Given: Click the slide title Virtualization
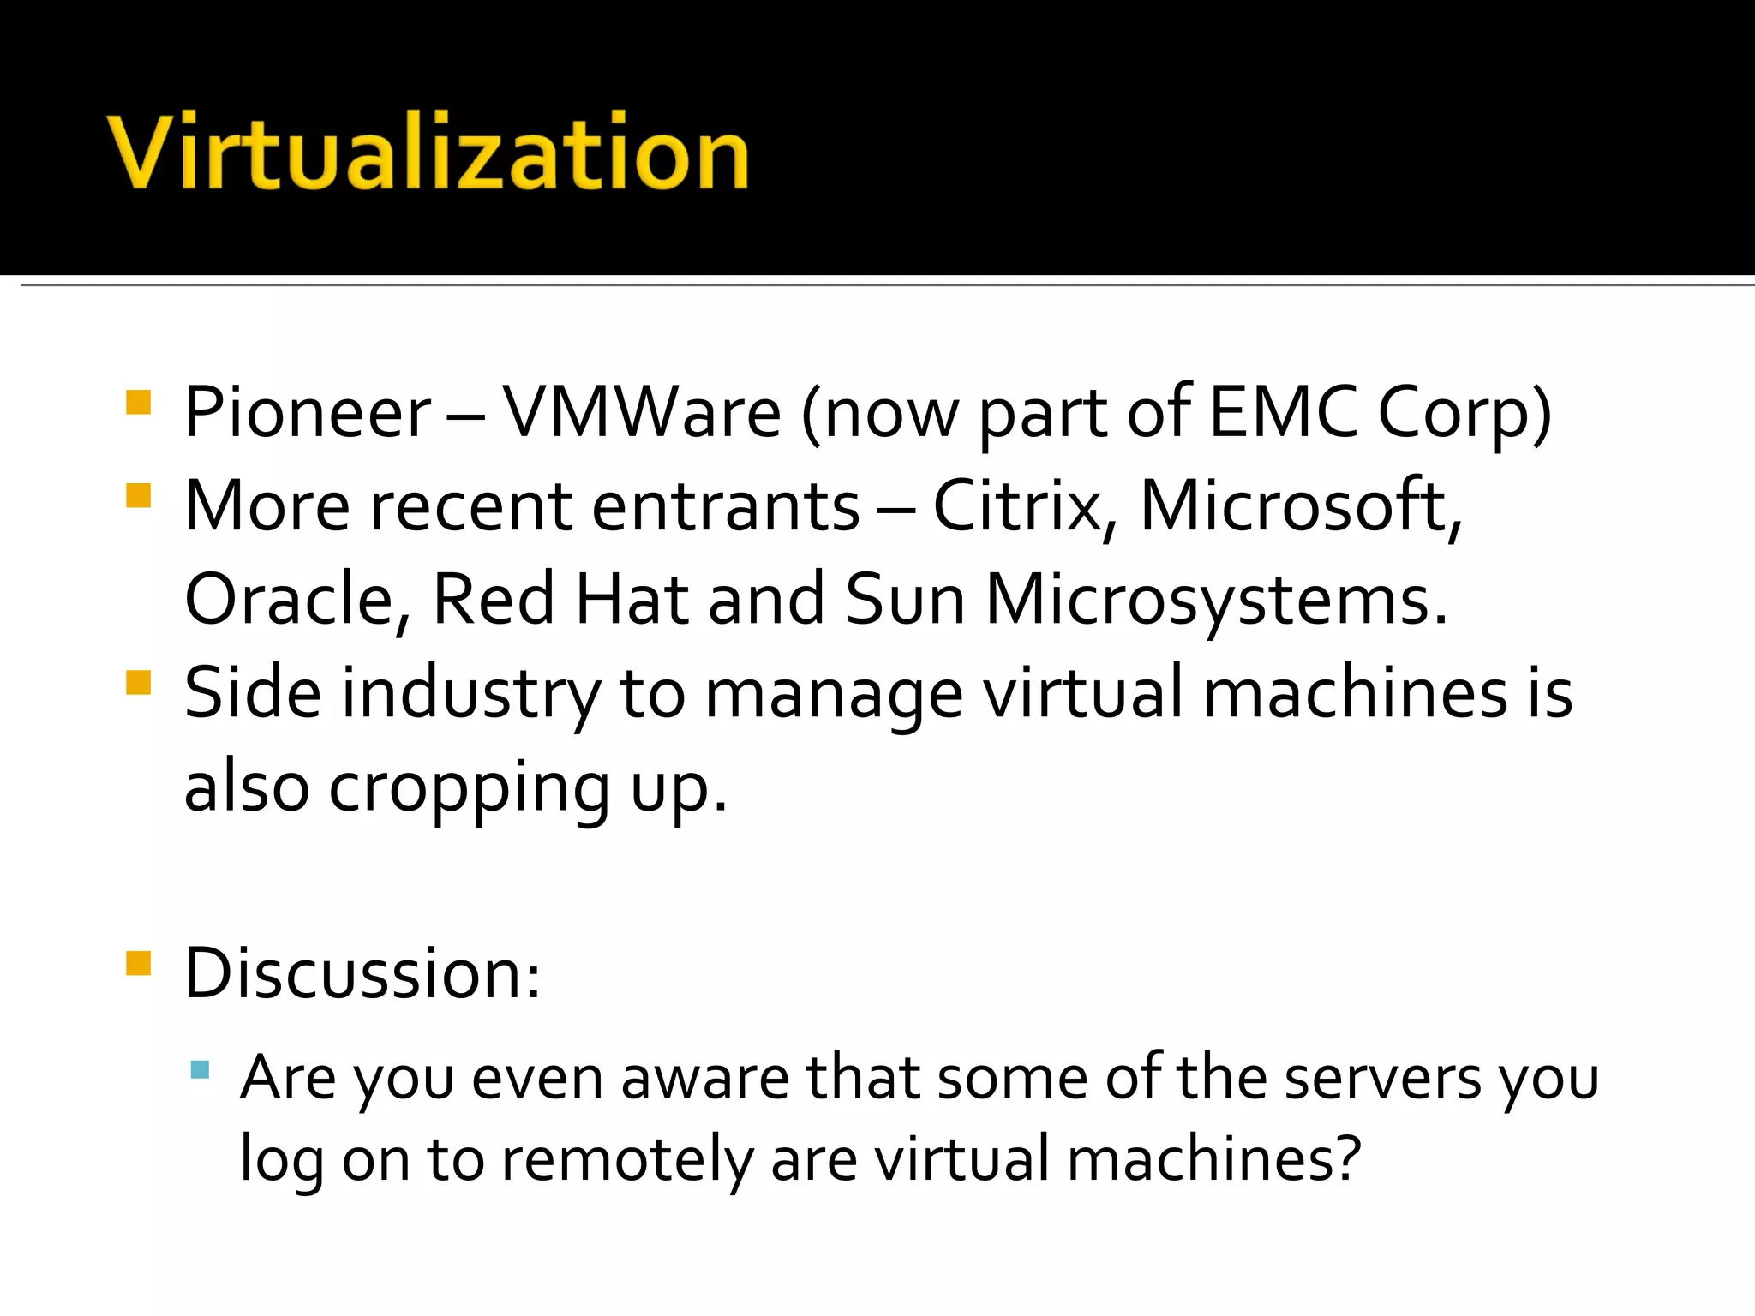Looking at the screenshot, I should pyautogui.click(x=428, y=153).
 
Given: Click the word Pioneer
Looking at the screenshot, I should pyautogui.click(x=308, y=414).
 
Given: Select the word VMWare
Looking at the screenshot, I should pyautogui.click(x=641, y=414).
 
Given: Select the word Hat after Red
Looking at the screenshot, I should pyautogui.click(x=632, y=601).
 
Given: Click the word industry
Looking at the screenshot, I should pyautogui.click(x=470, y=694).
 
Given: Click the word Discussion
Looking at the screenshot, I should pyautogui.click(x=362, y=974).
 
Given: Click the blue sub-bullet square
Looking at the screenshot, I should pyautogui.click(x=200, y=1069).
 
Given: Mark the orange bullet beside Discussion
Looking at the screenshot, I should pyautogui.click(x=138, y=964).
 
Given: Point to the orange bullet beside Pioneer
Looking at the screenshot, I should pyautogui.click(x=138, y=403).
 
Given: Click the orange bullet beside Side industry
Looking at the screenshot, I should pyautogui.click(x=138, y=683).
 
